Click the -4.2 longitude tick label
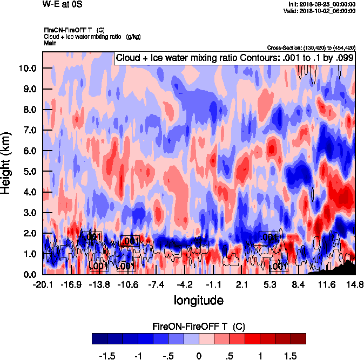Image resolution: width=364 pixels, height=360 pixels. [x=185, y=284]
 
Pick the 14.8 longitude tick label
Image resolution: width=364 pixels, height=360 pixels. [x=355, y=284]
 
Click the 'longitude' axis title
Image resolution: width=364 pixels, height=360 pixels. [x=198, y=300]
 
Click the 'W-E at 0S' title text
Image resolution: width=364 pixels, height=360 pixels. [x=60, y=4]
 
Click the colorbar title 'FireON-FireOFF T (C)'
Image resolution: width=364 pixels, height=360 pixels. [x=198, y=327]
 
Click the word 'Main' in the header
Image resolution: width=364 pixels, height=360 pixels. [x=50, y=43]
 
